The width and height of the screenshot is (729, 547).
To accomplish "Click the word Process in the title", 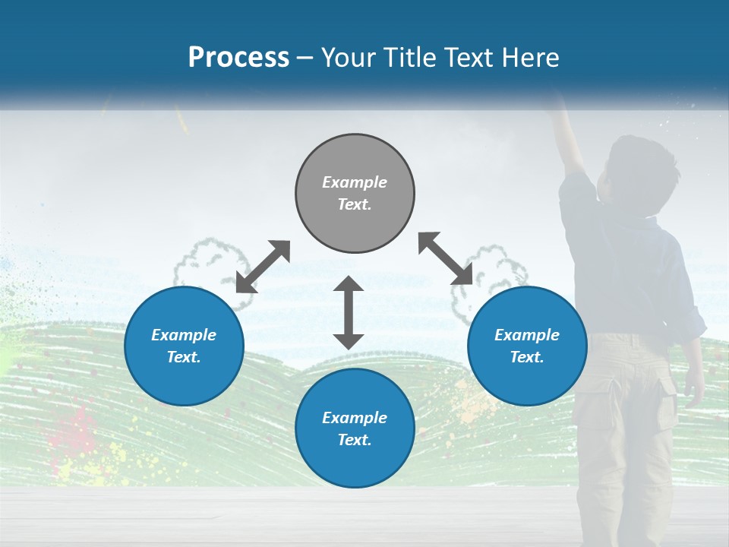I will point(238,58).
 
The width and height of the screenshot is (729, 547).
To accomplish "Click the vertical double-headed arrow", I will point(349,312).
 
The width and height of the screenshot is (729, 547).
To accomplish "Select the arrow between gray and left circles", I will point(263,267).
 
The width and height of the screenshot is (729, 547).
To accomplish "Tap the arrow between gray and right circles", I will point(446,259).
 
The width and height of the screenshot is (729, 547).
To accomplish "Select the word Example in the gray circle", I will point(355,182).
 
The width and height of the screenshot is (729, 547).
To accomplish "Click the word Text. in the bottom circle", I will point(355,440).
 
